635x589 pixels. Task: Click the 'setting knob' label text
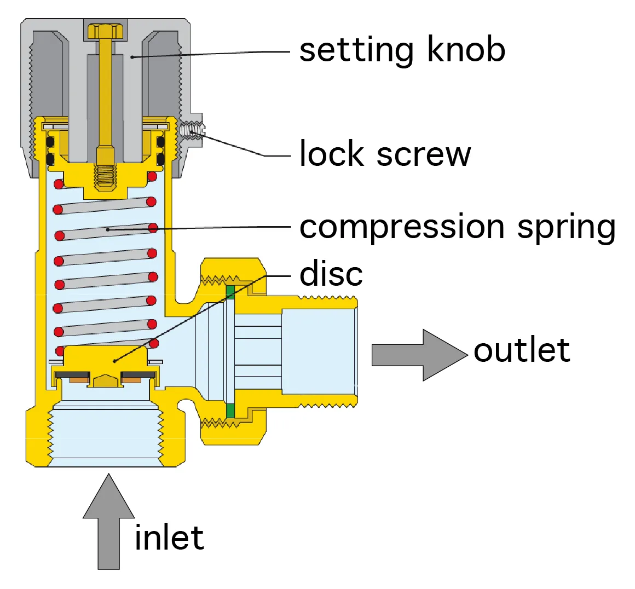tap(402, 50)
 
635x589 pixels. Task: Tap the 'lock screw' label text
tap(385, 154)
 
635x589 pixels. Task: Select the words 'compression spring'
tap(458, 227)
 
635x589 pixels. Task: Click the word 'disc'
tap(331, 274)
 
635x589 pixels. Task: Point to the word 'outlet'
tap(521, 350)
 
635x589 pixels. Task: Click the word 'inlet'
tap(169, 538)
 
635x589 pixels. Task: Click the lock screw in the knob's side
tap(192, 131)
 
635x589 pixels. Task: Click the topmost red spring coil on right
tap(152, 176)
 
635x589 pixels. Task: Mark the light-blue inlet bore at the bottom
tap(105, 438)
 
